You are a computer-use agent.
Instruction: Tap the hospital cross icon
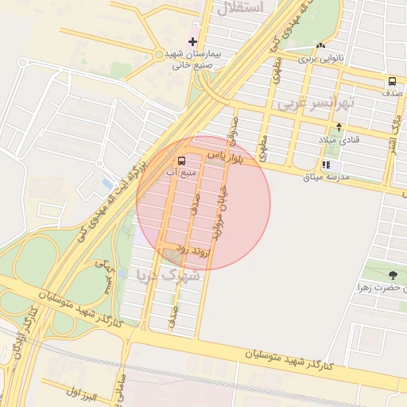click(x=192, y=41)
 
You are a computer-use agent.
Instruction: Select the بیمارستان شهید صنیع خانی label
click(x=196, y=60)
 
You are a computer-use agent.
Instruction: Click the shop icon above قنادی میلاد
click(x=339, y=126)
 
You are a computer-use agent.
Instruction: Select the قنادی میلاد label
click(x=339, y=140)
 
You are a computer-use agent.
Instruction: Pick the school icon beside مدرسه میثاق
click(x=326, y=165)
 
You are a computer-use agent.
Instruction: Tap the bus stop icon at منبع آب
click(x=182, y=160)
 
